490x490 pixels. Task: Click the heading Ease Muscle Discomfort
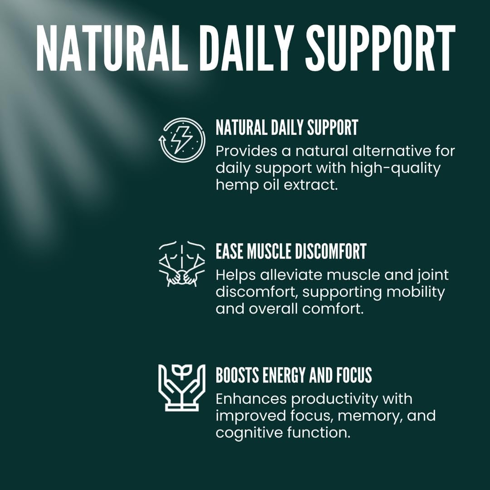(291, 252)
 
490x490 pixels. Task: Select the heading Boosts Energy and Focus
(294, 375)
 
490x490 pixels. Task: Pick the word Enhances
(251, 399)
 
